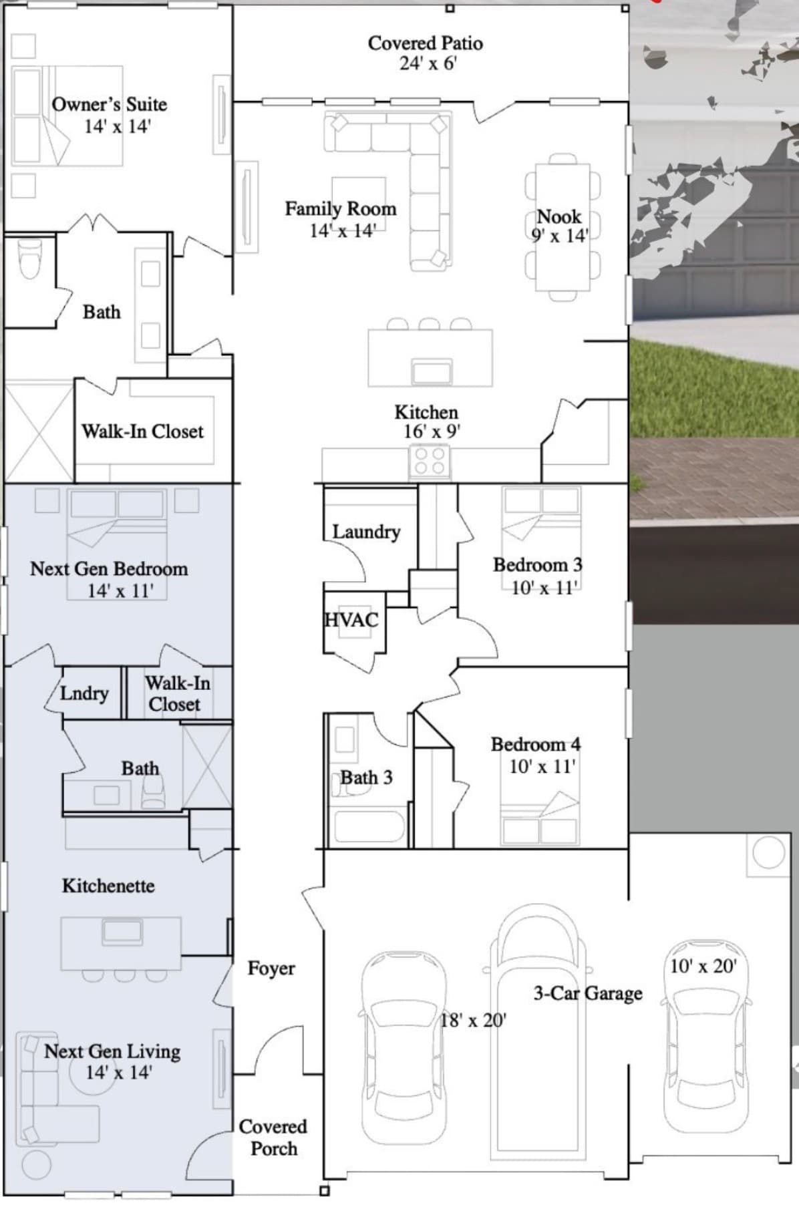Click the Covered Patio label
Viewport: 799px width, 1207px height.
coord(425,43)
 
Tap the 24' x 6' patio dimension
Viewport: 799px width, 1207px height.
coord(428,63)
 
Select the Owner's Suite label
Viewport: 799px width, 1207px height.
coord(110,105)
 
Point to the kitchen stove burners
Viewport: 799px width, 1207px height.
coord(430,461)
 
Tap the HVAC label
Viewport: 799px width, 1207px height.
coord(351,621)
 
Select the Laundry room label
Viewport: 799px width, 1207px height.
coord(366,532)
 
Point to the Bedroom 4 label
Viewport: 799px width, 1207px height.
coord(536,744)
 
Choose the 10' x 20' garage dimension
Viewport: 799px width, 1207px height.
coord(703,966)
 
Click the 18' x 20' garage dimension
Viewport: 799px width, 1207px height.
coord(473,1021)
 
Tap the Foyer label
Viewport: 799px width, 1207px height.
coord(271,969)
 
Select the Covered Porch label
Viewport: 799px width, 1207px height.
coord(273,1138)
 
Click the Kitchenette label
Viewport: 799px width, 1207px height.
coord(108,886)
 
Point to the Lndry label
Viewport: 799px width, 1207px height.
coord(84,694)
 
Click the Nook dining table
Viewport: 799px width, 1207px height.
coord(563,226)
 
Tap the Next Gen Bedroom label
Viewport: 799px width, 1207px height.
coord(109,569)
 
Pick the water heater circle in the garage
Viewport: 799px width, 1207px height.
coord(768,853)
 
